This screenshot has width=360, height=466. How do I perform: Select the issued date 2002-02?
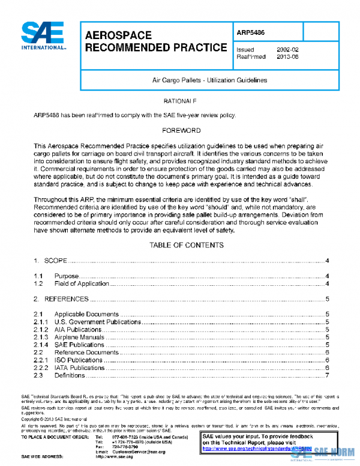(287, 49)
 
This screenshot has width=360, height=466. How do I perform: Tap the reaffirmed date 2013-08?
(287, 57)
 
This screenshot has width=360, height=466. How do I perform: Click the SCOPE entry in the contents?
(55, 261)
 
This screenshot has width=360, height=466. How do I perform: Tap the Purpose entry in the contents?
(67, 276)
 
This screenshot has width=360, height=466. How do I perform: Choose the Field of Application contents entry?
(82, 283)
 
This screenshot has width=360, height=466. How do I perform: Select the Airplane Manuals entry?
(79, 337)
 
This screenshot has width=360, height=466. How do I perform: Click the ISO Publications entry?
(78, 360)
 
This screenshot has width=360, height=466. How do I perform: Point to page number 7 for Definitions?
(328, 376)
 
